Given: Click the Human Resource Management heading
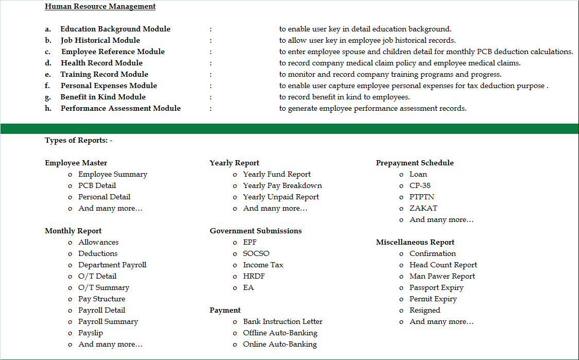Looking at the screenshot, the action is [x=100, y=7].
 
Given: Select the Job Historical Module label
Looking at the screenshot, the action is [x=100, y=40].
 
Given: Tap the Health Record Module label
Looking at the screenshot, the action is [x=101, y=63].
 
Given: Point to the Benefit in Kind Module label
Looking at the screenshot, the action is [x=103, y=97].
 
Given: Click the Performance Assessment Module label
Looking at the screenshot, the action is [x=121, y=108].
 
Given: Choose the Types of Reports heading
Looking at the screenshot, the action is [x=78, y=140].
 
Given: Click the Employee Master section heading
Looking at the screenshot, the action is [x=76, y=163].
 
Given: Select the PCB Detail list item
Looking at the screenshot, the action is [x=97, y=185].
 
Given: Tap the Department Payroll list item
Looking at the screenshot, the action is [x=112, y=265].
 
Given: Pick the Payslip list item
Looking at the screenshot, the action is [x=91, y=333].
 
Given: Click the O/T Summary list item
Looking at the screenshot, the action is [x=104, y=287].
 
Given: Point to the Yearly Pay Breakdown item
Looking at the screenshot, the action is [x=282, y=185].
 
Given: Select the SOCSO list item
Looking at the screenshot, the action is [x=256, y=253].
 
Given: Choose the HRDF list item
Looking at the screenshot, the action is [x=254, y=276].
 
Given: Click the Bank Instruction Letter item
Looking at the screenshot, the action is [x=283, y=321].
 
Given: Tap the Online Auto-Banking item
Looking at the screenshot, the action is [x=280, y=344].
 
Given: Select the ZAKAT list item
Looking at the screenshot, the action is [x=423, y=208].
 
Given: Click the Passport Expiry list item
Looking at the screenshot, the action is [x=436, y=287].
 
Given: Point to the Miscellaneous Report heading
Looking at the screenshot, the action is [x=415, y=242].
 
